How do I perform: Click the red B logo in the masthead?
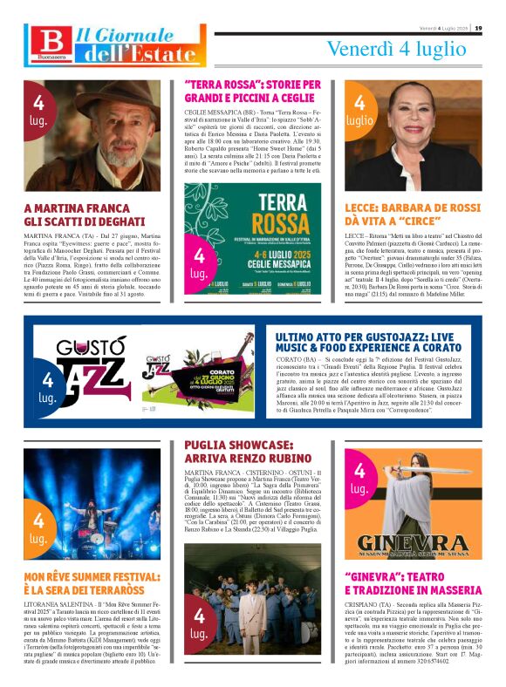click(x=46, y=43)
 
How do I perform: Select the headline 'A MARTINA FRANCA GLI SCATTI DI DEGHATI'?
click(x=84, y=214)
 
